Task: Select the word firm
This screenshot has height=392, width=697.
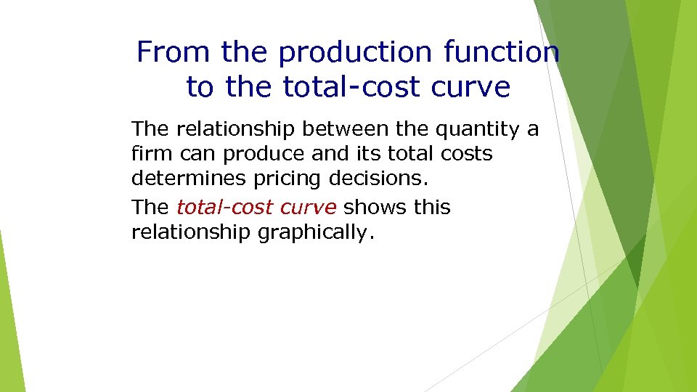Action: coord(148,154)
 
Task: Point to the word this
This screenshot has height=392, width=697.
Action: coord(432,208)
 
